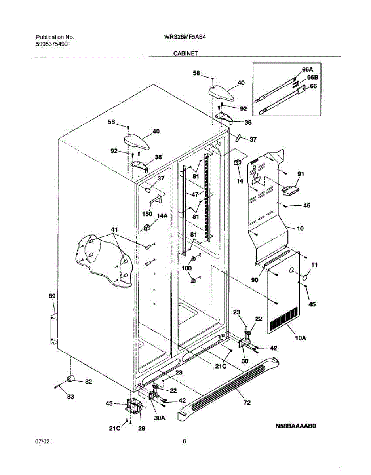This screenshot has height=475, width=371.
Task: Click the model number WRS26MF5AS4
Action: click(x=185, y=37)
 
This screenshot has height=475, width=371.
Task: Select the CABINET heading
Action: click(x=186, y=53)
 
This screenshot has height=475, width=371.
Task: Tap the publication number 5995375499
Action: click(x=52, y=44)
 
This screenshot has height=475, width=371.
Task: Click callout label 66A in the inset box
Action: click(x=307, y=70)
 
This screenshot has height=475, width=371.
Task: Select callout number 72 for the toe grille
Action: click(x=247, y=402)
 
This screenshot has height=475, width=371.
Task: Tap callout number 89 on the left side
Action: click(x=52, y=296)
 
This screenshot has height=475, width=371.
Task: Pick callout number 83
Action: click(x=70, y=396)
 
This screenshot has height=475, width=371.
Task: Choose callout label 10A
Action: click(x=301, y=338)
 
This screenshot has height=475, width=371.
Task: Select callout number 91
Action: click(x=301, y=174)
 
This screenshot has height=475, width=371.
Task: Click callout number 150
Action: click(x=147, y=213)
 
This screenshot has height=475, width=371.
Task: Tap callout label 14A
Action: click(x=162, y=216)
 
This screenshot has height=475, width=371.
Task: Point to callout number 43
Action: click(x=109, y=403)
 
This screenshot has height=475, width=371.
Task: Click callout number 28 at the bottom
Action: click(x=142, y=428)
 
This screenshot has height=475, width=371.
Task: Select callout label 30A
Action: click(x=160, y=418)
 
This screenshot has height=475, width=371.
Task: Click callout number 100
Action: click(x=187, y=268)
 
